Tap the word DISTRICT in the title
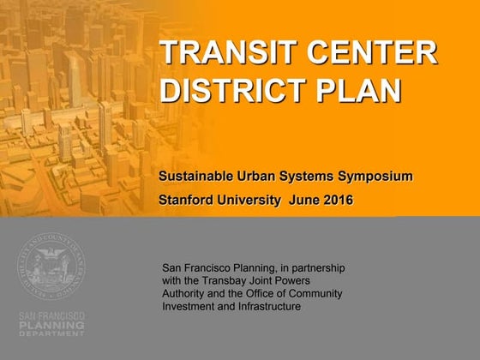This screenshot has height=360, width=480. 233,90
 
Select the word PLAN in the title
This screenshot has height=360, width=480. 359,90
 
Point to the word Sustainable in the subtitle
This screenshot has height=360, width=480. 196,177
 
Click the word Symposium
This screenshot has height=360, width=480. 375,177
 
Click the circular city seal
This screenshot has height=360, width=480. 51,266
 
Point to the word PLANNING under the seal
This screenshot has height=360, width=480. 51,325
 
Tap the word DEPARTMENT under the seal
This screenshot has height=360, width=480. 51,333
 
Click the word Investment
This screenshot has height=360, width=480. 188,307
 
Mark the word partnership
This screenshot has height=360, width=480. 318,268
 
